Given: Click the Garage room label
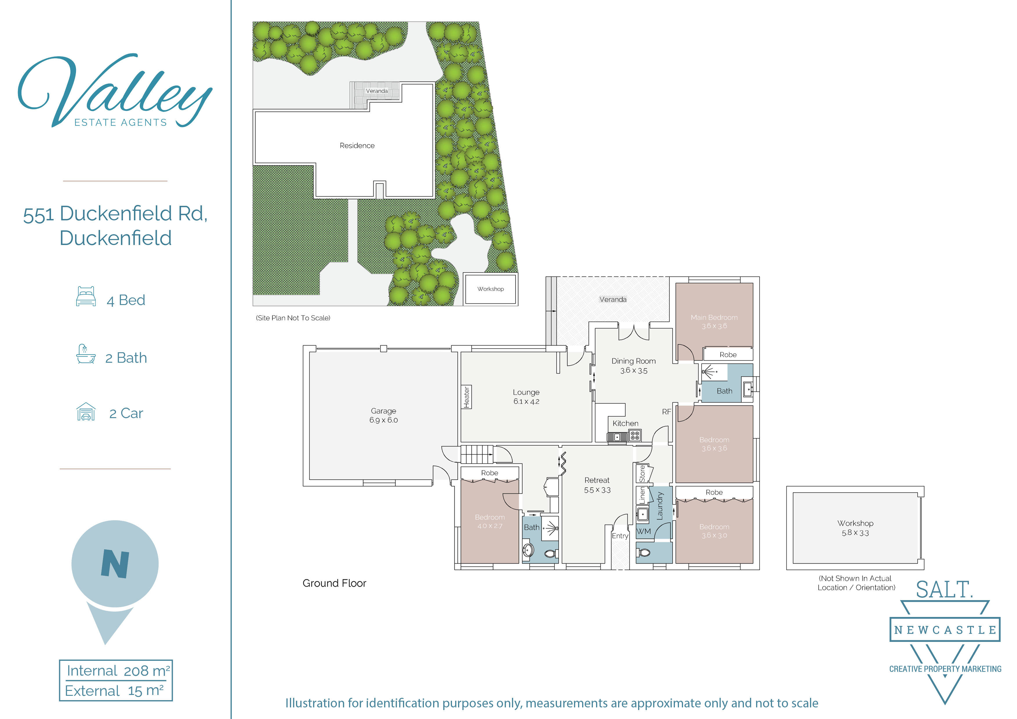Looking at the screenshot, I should tap(383, 415).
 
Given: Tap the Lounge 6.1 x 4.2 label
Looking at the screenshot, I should tap(526, 397).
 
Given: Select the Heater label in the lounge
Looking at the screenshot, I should tap(466, 397).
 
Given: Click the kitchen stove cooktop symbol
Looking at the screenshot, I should tap(635, 435).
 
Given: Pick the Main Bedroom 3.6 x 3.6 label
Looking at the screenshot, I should tap(714, 322).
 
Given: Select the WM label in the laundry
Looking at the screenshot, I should tap(644, 531).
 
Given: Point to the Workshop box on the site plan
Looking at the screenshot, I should tap(490, 289).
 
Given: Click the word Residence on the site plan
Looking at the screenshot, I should tap(357, 145).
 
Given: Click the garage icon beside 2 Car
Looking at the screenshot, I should tap(86, 412).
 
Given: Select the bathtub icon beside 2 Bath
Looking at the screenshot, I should tap(86, 354).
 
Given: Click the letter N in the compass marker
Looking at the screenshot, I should tap(115, 564).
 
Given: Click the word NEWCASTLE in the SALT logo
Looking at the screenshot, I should tap(945, 629).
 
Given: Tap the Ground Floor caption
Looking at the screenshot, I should tap(335, 583).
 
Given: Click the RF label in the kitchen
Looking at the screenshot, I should tap(666, 412).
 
